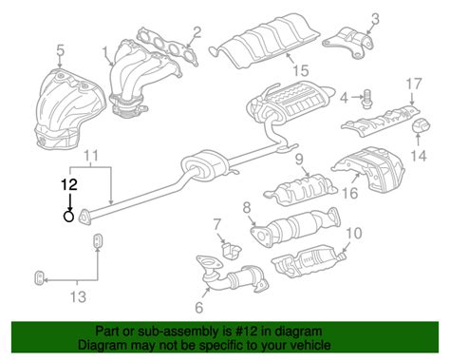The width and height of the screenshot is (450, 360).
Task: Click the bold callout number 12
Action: pyautogui.click(x=69, y=184)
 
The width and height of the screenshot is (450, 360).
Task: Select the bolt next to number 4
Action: pyautogui.click(x=367, y=100)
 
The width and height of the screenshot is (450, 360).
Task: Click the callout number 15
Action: pyautogui.click(x=300, y=70)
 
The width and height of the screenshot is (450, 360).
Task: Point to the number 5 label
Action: pyautogui.click(x=61, y=50)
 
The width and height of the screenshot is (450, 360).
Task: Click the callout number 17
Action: pyautogui.click(x=414, y=85)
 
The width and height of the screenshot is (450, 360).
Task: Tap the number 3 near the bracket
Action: pyautogui.click(x=375, y=19)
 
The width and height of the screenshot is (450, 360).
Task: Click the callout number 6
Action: pyautogui.click(x=198, y=307)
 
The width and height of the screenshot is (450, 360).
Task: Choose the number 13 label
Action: pyautogui.click(x=78, y=297)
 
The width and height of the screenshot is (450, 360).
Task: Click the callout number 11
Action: pyautogui.click(x=91, y=156)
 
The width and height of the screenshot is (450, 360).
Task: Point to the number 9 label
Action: pyautogui.click(x=299, y=160)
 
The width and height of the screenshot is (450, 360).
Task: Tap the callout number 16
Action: pyautogui.click(x=350, y=193)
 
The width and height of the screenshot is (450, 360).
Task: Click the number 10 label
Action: pyautogui.click(x=354, y=234)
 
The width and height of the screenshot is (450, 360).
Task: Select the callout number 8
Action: pyautogui.click(x=247, y=208)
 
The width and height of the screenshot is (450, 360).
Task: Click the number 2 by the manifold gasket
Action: pyautogui.click(x=197, y=33)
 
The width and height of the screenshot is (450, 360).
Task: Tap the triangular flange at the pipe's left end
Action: pyautogui.click(x=84, y=218)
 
